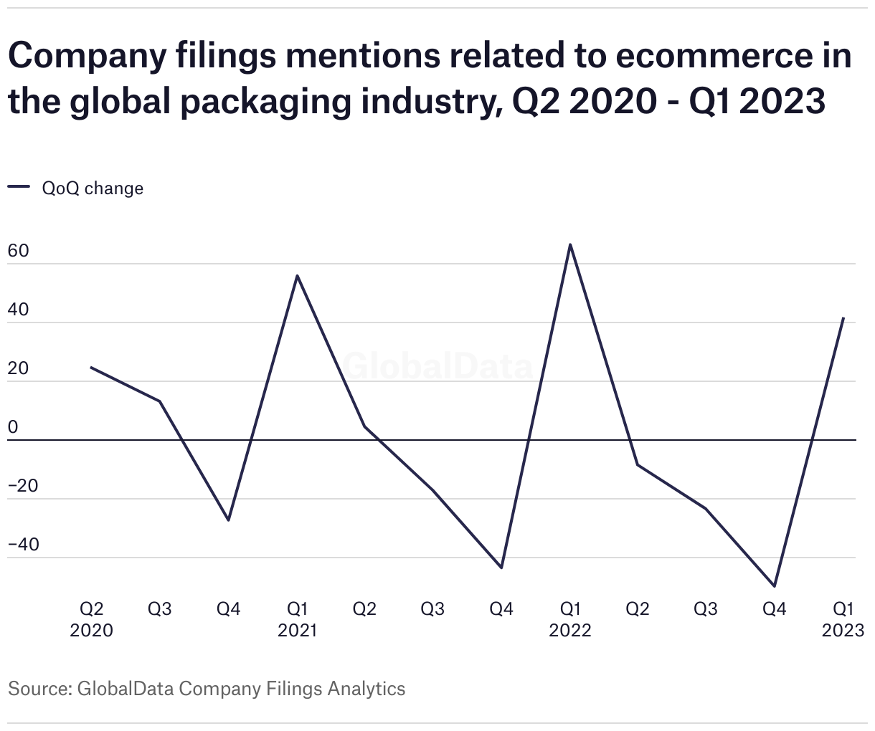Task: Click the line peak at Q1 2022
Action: point(570,245)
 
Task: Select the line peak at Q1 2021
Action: point(297,276)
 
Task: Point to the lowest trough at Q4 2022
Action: point(775,586)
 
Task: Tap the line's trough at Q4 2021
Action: point(501,568)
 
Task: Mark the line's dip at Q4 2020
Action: point(228,520)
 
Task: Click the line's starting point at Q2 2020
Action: point(91,368)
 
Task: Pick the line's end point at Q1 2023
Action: point(843,318)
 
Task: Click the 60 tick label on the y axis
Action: point(18,252)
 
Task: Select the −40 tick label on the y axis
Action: point(24,545)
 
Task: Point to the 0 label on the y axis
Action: point(12,427)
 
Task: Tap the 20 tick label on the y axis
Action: point(18,368)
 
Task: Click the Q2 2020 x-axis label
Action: point(91,619)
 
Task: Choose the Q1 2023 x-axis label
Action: point(843,619)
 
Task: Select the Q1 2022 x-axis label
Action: point(570,619)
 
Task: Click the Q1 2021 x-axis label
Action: point(297,619)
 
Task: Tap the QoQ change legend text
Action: point(93,188)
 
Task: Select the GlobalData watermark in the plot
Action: point(437,366)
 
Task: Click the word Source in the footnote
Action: point(38,689)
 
